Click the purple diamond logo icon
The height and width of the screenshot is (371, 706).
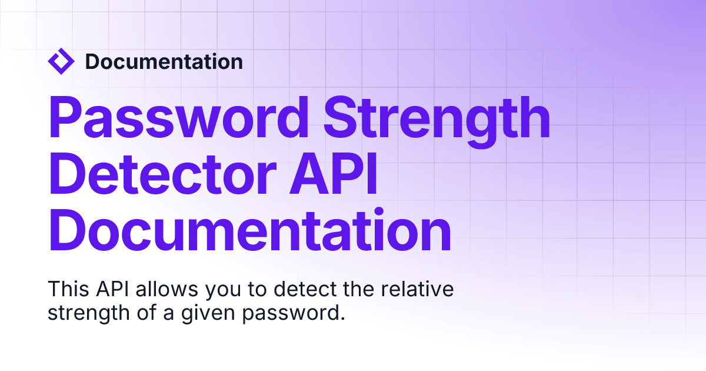(61, 61)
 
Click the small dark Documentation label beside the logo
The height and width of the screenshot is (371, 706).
(164, 61)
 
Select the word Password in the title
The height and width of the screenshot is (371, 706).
(178, 117)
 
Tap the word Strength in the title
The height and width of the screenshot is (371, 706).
(437, 121)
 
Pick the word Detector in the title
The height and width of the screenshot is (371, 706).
(162, 174)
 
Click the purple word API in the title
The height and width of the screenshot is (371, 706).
(334, 174)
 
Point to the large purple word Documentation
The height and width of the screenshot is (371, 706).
(250, 230)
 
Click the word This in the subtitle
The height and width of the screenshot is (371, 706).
(68, 289)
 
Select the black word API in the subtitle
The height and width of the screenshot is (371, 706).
(112, 289)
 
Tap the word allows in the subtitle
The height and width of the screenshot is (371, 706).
(166, 289)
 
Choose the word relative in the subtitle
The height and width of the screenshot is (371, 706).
(417, 289)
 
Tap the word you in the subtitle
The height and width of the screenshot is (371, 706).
(223, 291)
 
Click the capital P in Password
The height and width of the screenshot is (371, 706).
(65, 117)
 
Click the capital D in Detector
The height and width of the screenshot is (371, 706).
(66, 174)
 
